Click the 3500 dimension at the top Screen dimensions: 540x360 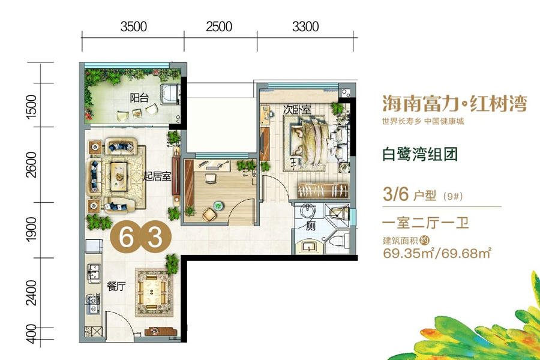tap(134, 26)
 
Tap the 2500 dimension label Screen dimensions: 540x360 tap(219, 26)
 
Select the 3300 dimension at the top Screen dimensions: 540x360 tap(305, 26)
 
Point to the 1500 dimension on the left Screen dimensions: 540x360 tap(31, 106)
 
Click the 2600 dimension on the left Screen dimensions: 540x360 tap(31, 164)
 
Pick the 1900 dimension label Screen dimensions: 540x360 tap(31, 229)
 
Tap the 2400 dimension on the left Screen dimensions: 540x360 tap(31, 292)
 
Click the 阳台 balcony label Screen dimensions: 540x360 tap(139, 98)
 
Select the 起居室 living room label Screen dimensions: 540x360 tap(157, 177)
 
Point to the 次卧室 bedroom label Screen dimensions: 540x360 tap(297, 110)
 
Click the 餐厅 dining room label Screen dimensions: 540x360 tap(116, 286)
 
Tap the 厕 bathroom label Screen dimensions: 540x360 tap(310, 226)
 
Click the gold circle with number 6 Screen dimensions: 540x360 tap(126, 237)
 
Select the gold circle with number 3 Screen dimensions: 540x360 tap(155, 237)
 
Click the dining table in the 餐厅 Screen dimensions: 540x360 tap(152, 292)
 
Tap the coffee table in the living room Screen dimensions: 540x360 tap(119, 176)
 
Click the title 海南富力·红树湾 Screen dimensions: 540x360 tap(455, 104)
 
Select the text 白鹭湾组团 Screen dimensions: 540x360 tap(420, 154)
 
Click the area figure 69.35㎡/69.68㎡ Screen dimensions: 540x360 tap(437, 253)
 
